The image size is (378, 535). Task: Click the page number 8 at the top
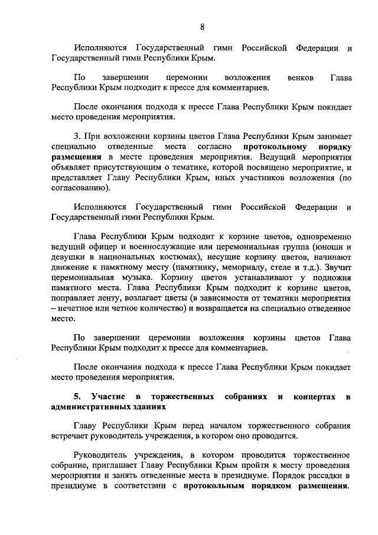[x=202, y=27]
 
